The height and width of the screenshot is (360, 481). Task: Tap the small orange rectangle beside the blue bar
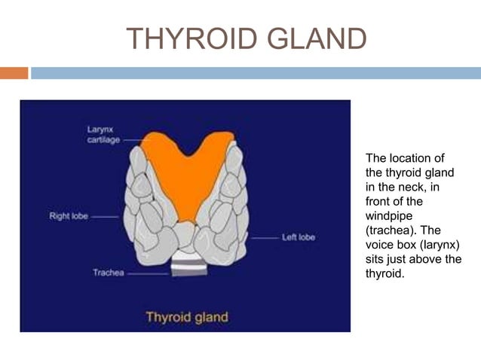14,73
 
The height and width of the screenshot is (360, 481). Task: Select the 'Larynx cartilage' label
103,134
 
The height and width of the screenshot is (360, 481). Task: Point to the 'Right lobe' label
69,216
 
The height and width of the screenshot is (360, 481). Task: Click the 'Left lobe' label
298,238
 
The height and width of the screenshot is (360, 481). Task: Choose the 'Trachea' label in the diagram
108,273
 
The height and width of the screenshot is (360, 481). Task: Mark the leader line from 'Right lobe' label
105,217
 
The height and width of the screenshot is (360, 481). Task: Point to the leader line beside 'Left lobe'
263,238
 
